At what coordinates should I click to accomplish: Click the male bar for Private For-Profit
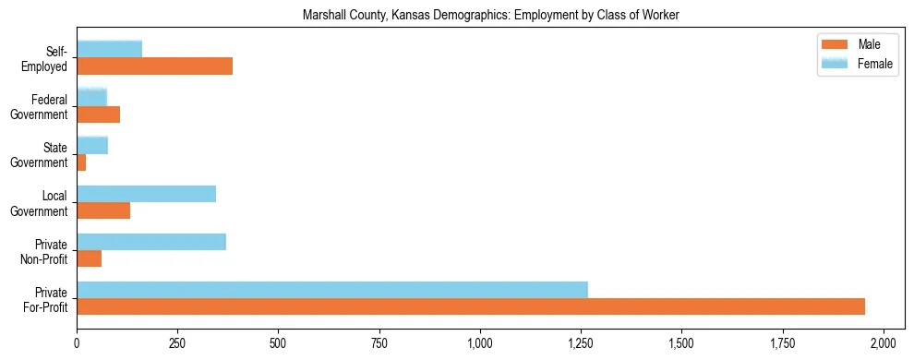pyautogui.click(x=471, y=306)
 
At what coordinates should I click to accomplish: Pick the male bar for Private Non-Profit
pyautogui.click(x=89, y=258)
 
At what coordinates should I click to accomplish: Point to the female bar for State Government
pyautogui.click(x=92, y=145)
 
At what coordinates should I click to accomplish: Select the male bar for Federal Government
pyautogui.click(x=98, y=114)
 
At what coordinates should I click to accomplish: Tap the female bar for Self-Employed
pyautogui.click(x=109, y=49)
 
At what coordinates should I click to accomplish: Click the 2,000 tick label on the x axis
pyautogui.click(x=884, y=342)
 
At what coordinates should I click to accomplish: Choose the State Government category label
pyautogui.click(x=40, y=154)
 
